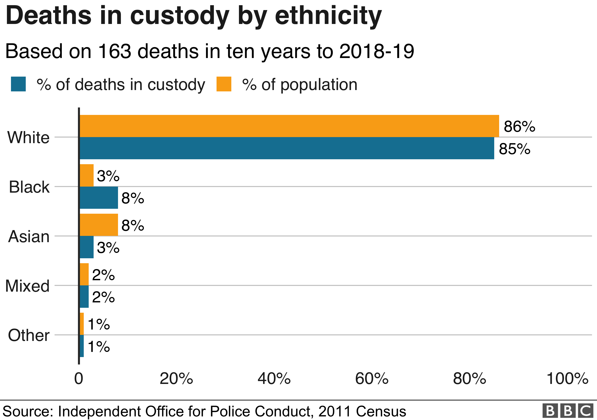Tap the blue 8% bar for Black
(x=99, y=198)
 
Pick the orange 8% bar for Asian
(x=99, y=225)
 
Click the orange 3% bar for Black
(x=87, y=175)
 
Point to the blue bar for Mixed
(x=84, y=297)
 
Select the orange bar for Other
(x=82, y=323)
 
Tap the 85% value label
(x=514, y=149)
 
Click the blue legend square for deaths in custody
(x=18, y=84)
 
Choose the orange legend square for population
(x=224, y=84)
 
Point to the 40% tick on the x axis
(x=274, y=379)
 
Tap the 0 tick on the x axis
(x=79, y=379)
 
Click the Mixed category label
(x=27, y=286)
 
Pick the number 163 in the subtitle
(x=115, y=51)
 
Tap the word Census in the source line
(x=381, y=411)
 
